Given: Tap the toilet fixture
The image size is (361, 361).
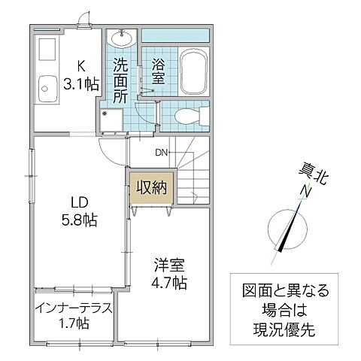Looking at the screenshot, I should click(184, 114).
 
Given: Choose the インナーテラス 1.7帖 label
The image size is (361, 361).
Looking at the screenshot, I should click(73, 316).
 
